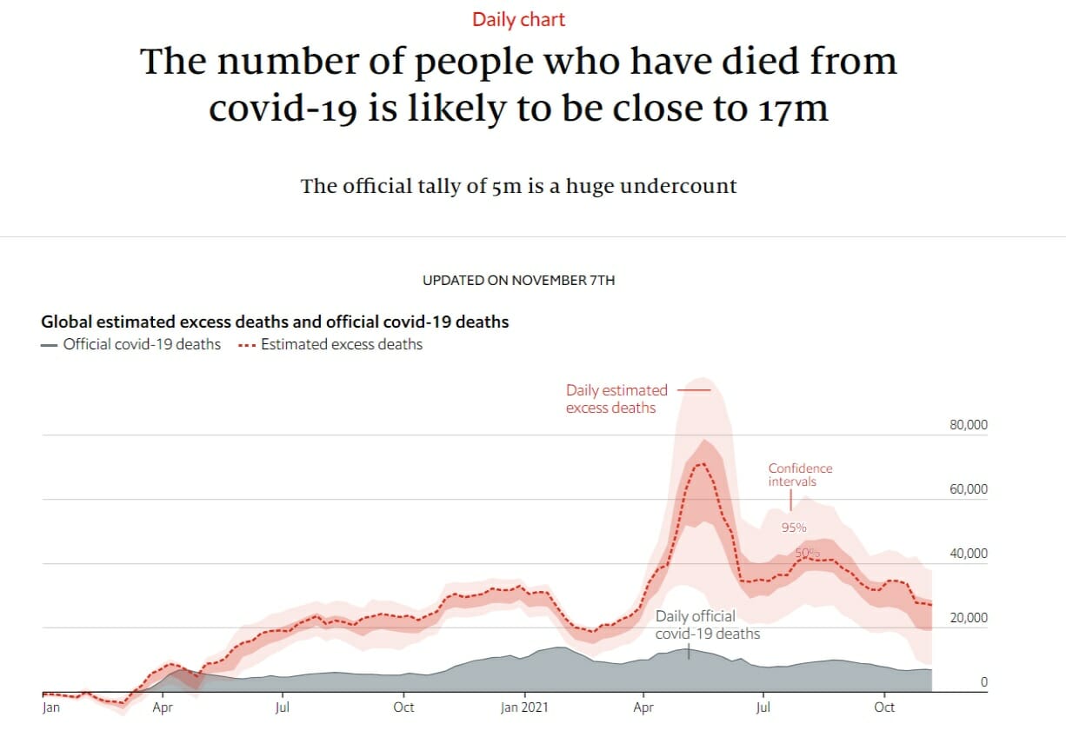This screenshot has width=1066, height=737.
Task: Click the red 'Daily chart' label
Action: click(x=518, y=19)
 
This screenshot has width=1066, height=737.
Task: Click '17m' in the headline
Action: click(x=788, y=108)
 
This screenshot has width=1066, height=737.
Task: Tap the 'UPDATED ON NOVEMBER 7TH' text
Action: click(x=518, y=281)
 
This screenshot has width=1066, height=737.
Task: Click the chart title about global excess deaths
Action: click(x=275, y=322)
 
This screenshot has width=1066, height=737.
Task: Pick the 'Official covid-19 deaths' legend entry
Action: click(x=131, y=344)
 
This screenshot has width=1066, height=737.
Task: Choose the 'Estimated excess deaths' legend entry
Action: click(x=330, y=344)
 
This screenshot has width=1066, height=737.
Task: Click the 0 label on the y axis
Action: click(x=983, y=682)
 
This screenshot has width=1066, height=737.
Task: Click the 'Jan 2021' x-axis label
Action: click(x=524, y=707)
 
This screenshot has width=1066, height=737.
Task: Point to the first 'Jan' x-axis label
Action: click(x=50, y=707)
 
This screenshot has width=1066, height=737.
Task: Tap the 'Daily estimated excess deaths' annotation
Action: click(x=616, y=399)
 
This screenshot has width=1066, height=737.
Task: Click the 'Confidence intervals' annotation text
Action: click(x=800, y=475)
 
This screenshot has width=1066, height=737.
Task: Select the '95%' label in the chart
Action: click(x=793, y=527)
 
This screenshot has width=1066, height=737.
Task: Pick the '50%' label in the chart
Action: click(x=807, y=553)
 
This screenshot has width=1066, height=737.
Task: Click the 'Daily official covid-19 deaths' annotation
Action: click(x=706, y=625)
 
